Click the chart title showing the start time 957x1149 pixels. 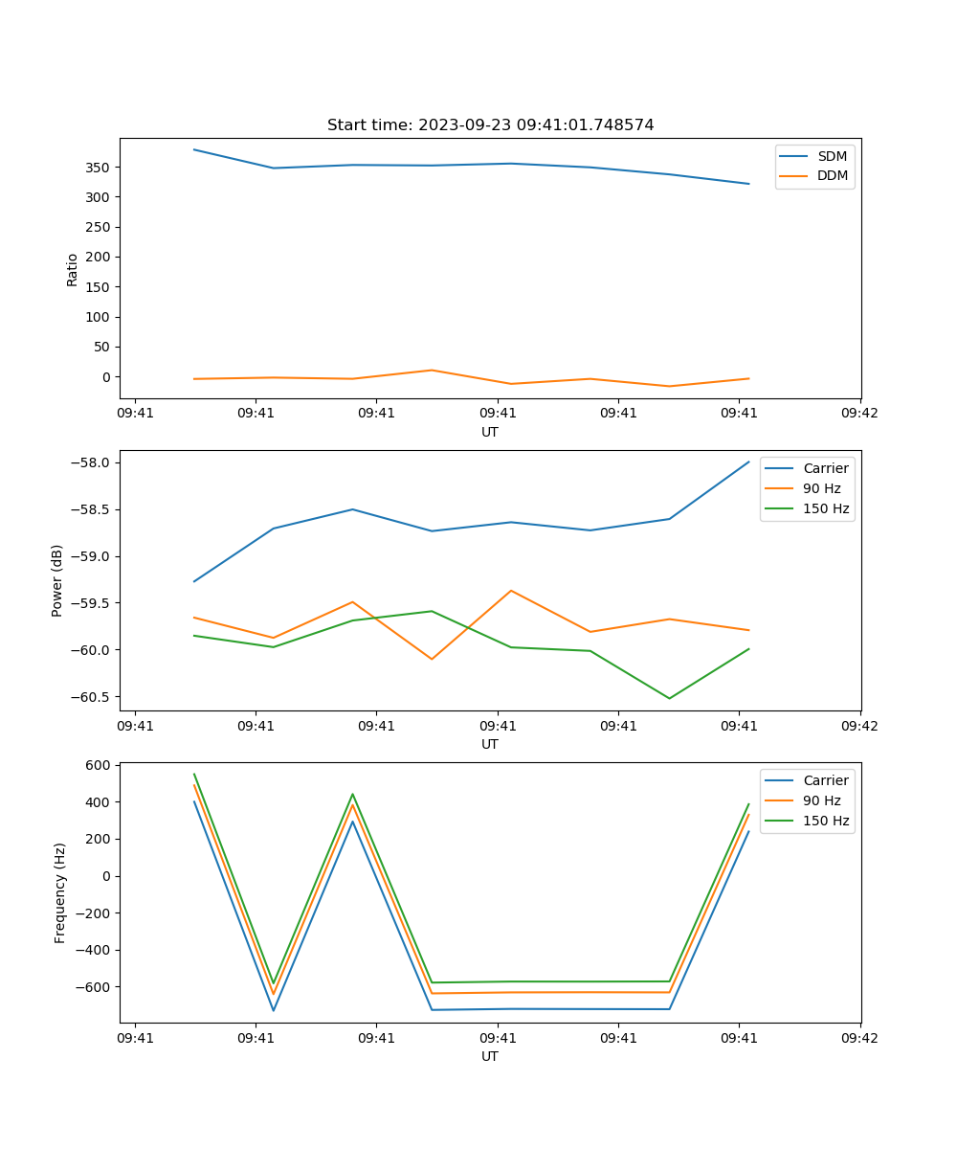[490, 125]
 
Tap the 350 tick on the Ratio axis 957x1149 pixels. [100, 168]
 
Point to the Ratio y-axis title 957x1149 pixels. [73, 269]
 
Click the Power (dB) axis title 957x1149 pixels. [57, 580]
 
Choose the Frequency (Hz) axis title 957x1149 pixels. [60, 892]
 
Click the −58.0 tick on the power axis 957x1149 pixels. [93, 463]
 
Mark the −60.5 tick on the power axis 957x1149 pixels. [93, 697]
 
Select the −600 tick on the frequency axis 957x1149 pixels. [96, 987]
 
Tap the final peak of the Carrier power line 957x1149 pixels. [748, 462]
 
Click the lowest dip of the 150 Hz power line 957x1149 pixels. [669, 698]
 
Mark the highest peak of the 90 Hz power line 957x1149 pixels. [511, 591]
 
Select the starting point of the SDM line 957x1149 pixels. [194, 149]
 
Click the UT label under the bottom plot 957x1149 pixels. [490, 1056]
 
